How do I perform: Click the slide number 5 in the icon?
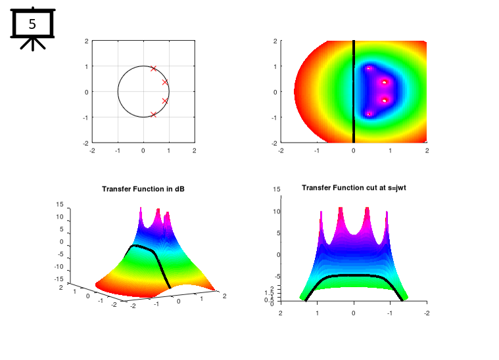(32, 25)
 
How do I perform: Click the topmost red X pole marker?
(154, 68)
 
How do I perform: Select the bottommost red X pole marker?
(154, 114)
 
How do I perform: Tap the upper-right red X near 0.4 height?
(165, 82)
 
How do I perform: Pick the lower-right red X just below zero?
(165, 101)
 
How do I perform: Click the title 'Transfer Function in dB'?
(143, 189)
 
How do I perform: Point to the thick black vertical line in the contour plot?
(354, 91)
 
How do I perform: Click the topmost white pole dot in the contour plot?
(369, 68)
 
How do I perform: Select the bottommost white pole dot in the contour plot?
(369, 114)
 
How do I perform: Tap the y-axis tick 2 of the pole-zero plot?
(87, 41)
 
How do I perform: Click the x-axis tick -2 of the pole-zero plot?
(93, 150)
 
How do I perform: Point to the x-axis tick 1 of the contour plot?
(391, 150)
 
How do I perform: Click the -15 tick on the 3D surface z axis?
(59, 280)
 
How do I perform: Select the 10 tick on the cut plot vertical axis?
(277, 212)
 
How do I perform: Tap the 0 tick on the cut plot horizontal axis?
(354, 313)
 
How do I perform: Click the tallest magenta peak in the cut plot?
(342, 209)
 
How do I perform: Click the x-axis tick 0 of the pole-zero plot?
(143, 150)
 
